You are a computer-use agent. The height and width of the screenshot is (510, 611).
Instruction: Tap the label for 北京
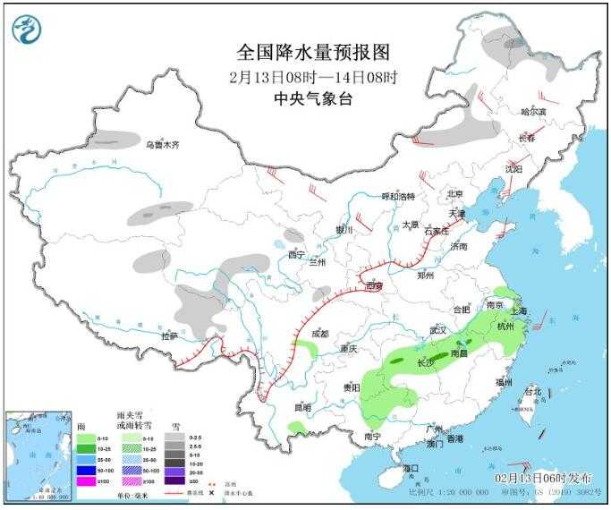454,194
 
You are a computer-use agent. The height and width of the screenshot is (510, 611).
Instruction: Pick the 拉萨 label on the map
170,336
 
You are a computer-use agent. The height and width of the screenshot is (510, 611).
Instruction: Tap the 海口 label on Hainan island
410,468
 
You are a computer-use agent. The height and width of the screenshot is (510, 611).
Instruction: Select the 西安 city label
374,286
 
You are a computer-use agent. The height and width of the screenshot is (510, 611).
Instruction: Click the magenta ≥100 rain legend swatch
84,481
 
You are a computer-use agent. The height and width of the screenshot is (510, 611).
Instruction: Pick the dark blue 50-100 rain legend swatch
84,470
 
